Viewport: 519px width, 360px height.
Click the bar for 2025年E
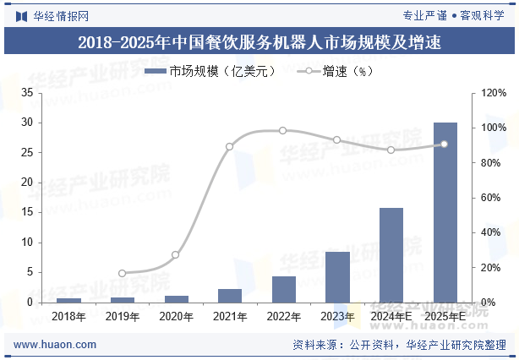tap(445, 212)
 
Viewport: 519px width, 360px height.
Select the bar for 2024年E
tap(391, 254)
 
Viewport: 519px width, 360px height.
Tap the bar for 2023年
tap(337, 276)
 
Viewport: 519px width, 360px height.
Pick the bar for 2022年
tap(284, 289)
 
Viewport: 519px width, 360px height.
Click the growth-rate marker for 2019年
tap(122, 273)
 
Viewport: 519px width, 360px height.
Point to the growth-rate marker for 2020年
tap(176, 254)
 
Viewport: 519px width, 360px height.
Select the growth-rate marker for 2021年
tap(230, 146)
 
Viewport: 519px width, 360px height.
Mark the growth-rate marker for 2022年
tap(283, 130)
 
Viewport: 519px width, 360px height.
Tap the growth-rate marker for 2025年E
tap(445, 144)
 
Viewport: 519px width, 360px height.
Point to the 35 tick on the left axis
tap(28, 92)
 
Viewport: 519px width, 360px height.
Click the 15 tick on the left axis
tap(28, 212)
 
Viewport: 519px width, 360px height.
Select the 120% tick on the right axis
tap(494, 92)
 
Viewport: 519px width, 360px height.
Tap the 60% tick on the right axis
tap(493, 198)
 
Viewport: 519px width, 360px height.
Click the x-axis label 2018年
tap(69, 317)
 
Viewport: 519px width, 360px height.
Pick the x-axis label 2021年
tap(230, 317)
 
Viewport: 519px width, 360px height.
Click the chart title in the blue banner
tap(259, 41)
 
